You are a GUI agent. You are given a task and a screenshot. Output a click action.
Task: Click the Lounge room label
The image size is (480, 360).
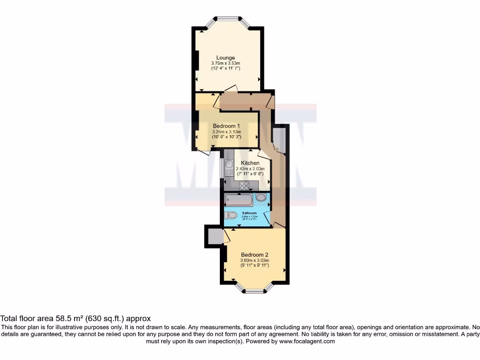pos(225,58)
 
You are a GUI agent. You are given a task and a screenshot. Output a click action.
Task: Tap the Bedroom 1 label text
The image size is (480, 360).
pos(226,126)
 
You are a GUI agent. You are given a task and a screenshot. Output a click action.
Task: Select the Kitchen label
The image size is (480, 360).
pos(250,163)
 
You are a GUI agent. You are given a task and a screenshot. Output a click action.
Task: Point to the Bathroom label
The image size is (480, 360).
pos(249,213)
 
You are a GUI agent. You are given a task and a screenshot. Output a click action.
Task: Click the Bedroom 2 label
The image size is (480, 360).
pos(254,255)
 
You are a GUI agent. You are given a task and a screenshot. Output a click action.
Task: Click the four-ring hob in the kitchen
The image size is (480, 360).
pos(244,186)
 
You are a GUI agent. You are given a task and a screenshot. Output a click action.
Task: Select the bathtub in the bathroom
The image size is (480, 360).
pos(239,201)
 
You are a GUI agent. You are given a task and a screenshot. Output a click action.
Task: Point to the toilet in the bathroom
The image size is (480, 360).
pos(231,215)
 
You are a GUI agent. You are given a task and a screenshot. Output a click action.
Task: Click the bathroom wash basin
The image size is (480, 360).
pos(261,198)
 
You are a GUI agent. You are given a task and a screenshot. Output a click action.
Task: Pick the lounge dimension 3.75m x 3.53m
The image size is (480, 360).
pos(225,63)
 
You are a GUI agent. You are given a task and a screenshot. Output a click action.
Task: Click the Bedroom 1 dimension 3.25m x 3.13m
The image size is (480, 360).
pos(226,132)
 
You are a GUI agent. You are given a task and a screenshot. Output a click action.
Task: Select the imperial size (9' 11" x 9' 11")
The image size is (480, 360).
pos(254,266)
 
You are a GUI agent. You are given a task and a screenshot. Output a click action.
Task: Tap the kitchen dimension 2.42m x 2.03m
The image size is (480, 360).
pos(250,169)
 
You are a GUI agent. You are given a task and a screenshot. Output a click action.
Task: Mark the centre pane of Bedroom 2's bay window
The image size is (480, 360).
pos(255,291)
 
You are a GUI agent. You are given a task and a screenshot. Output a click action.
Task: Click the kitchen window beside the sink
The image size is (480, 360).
pos(222,168)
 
